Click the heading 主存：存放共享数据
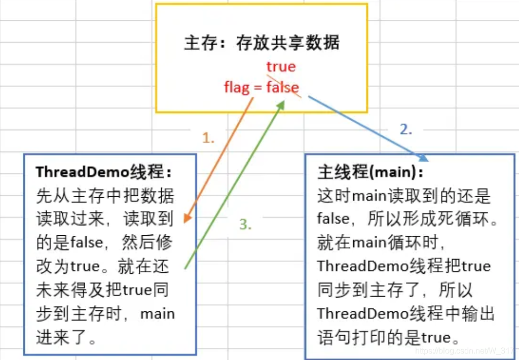coord(261,43)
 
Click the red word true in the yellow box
coord(281,66)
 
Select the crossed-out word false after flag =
coord(283,87)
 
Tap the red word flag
coord(237,87)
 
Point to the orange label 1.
coord(208,137)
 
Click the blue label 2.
coord(406,129)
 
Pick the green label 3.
coord(245,225)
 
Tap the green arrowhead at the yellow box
coord(280,103)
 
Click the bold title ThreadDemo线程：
coord(104,172)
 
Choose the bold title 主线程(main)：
coord(370,172)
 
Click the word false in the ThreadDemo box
coord(90,243)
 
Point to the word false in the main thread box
coord(333,219)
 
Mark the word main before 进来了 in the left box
coord(157,313)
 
